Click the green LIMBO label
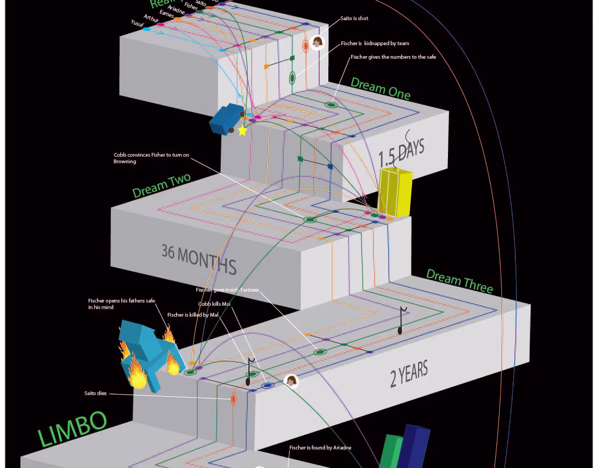[x=72, y=428]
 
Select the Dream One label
[x=380, y=88]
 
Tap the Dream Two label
[x=161, y=186]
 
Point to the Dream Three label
[x=459, y=281]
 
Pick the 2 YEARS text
[x=409, y=374]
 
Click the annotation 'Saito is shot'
[x=354, y=19]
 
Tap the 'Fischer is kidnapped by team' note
[x=375, y=44]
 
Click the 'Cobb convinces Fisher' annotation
[x=151, y=158]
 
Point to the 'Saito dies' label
[x=95, y=393]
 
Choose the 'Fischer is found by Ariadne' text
[x=320, y=448]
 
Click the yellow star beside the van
[x=242, y=131]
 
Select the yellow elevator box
[x=394, y=192]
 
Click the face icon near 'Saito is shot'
[x=317, y=42]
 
